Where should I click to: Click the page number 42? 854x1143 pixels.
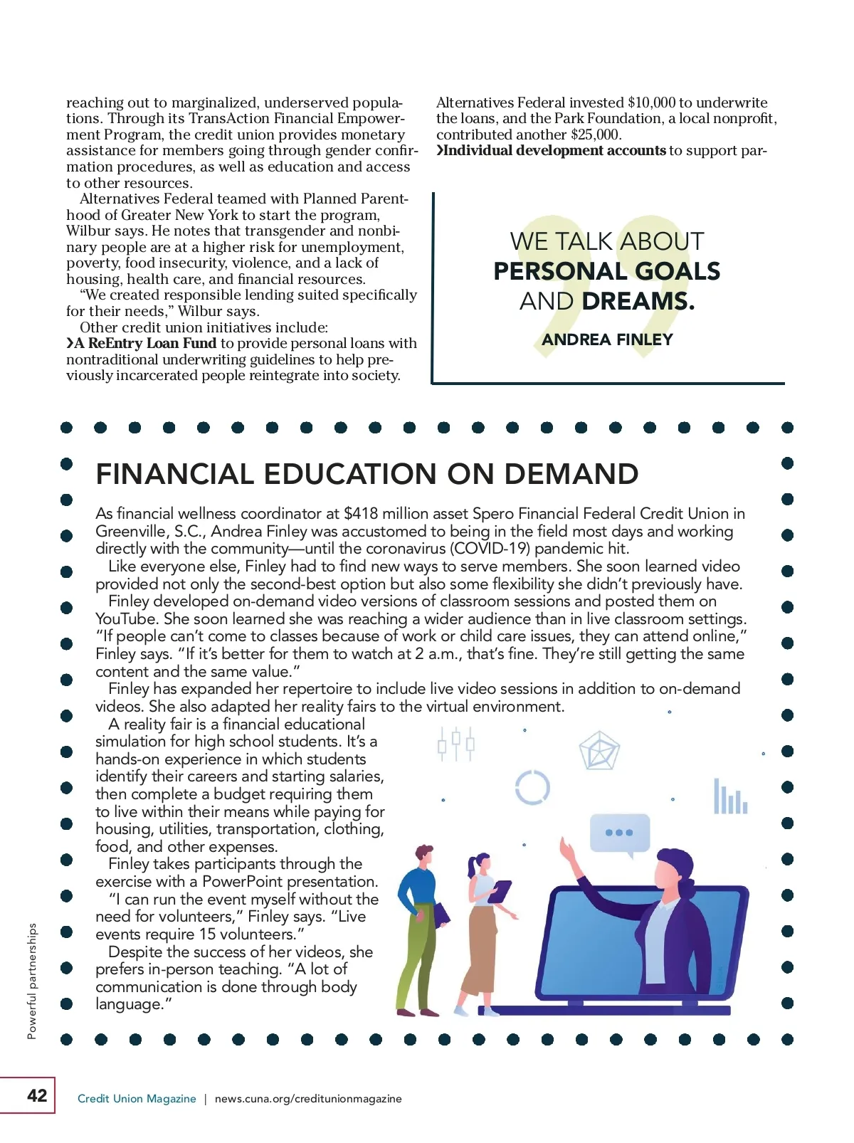click(x=36, y=1095)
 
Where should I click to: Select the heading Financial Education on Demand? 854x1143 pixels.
click(x=367, y=474)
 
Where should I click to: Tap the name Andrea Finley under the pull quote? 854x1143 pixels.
click(x=607, y=339)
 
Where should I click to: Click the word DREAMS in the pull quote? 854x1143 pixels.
click(x=638, y=301)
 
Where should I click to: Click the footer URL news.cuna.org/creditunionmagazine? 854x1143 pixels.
click(x=308, y=1099)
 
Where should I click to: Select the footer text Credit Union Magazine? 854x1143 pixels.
click(x=137, y=1099)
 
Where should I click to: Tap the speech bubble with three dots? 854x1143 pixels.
click(x=619, y=833)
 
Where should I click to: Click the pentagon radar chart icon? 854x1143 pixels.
click(x=599, y=751)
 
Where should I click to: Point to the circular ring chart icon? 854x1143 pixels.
click(x=532, y=787)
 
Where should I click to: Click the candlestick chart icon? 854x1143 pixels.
click(x=455, y=744)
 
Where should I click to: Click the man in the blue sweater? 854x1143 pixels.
click(x=420, y=925)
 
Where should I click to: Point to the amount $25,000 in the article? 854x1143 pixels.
click(x=595, y=135)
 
